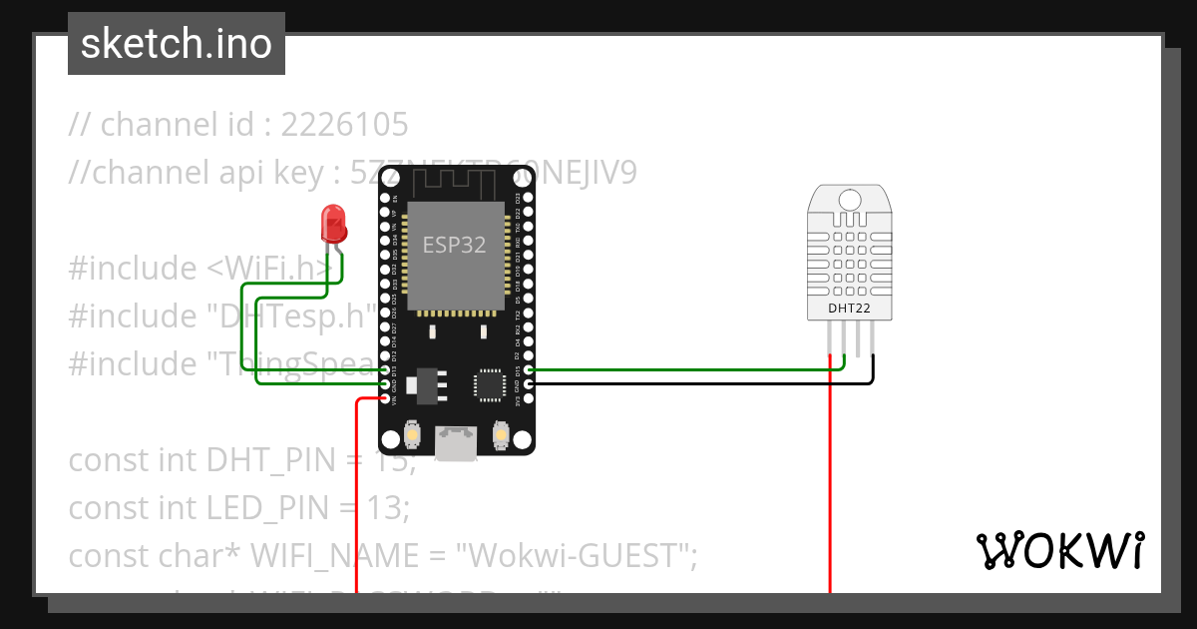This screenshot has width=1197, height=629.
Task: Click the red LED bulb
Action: [x=333, y=224]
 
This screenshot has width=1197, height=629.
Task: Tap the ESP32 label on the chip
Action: [x=455, y=246]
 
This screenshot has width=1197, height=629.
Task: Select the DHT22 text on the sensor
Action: [x=849, y=309]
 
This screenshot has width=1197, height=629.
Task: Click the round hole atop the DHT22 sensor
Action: [x=850, y=199]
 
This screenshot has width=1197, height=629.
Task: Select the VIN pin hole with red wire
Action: [x=386, y=398]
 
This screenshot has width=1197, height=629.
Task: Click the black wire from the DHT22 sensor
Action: [x=873, y=373]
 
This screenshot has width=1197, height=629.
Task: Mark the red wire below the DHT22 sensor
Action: [x=830, y=479]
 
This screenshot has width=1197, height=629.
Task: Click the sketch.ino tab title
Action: [x=177, y=44]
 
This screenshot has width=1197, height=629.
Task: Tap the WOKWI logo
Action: [x=1058, y=550]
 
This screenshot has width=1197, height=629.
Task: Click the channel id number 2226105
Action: [x=344, y=125]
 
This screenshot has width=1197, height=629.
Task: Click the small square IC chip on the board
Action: [x=489, y=384]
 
